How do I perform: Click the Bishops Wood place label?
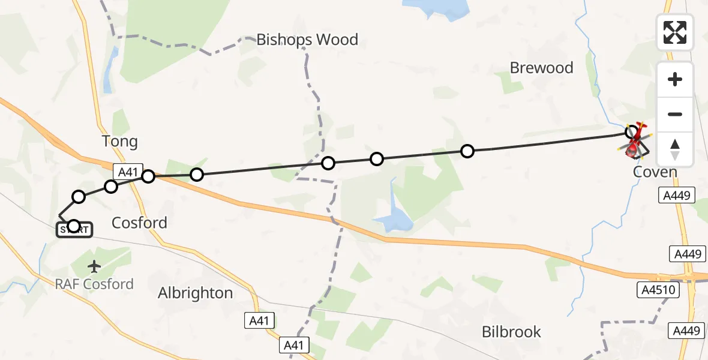click(307, 40)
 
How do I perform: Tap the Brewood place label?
click(541, 68)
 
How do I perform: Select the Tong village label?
click(119, 142)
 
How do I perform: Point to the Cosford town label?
click(139, 223)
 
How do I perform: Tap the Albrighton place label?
click(195, 293)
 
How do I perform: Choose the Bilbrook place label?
click(511, 332)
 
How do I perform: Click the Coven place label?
click(655, 173)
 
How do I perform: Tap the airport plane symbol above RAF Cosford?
click(94, 266)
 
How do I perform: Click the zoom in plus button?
click(675, 79)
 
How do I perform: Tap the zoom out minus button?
click(675, 114)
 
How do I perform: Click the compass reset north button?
click(675, 149)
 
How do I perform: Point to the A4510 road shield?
click(657, 290)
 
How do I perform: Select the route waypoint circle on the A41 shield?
click(148, 176)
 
